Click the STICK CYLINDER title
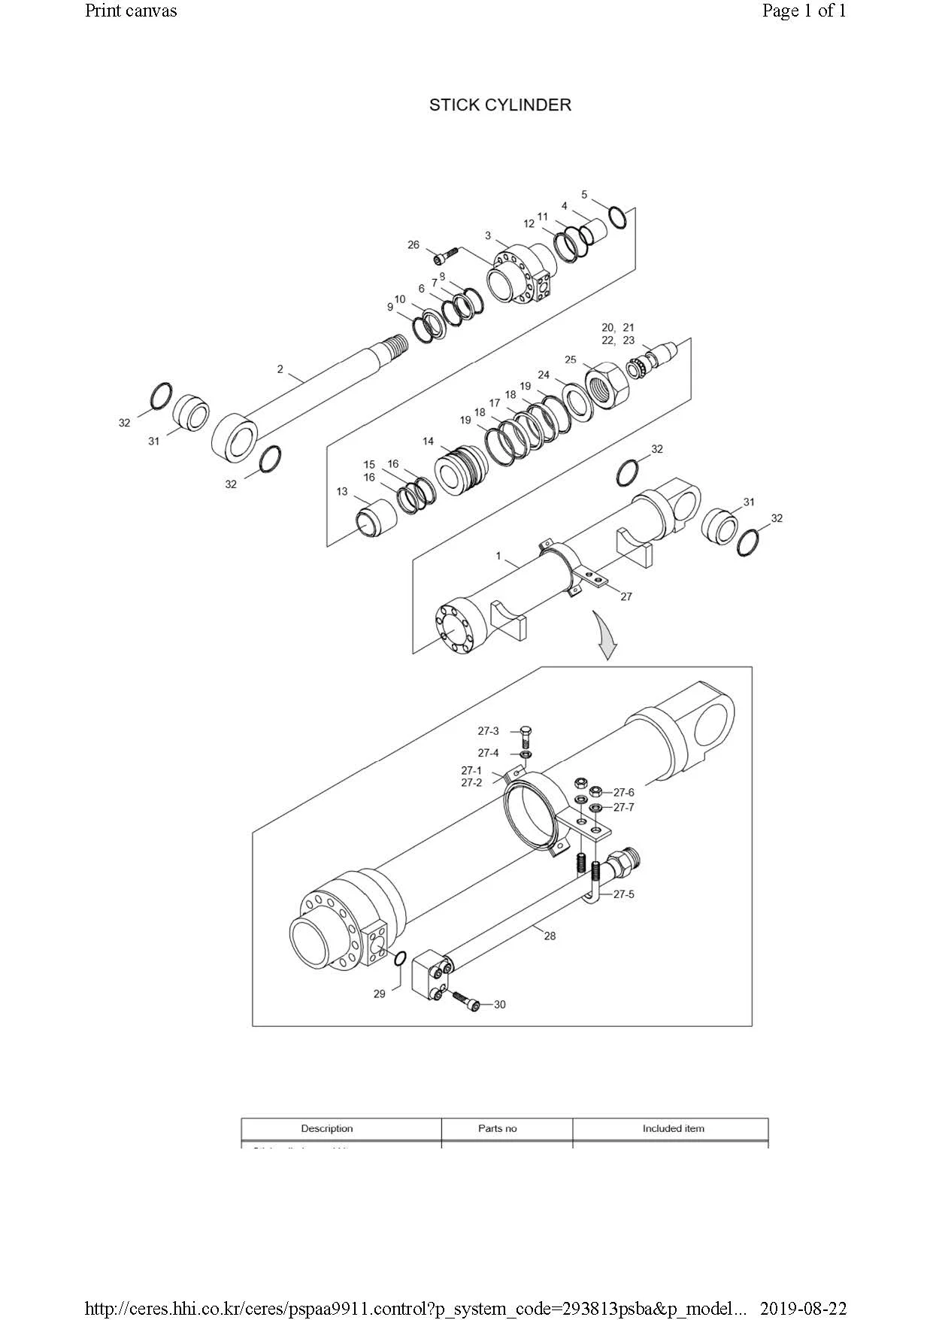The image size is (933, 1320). click(x=500, y=105)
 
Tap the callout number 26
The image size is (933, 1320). click(x=413, y=245)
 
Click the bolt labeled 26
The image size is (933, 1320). click(x=446, y=256)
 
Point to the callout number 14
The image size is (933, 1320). click(x=428, y=442)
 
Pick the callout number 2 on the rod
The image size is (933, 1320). click(x=280, y=369)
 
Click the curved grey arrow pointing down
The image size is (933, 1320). click(x=605, y=636)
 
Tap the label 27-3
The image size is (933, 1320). click(x=488, y=731)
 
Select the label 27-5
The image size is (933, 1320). click(x=623, y=894)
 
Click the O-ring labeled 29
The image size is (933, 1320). click(x=400, y=958)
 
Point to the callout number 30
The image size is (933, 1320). click(x=500, y=1005)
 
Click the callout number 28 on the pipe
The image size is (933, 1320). click(x=550, y=936)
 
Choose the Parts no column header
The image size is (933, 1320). click(x=497, y=1128)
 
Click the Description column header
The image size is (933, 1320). click(x=326, y=1128)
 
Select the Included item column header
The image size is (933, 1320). click(x=673, y=1128)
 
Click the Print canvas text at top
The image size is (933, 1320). click(x=131, y=11)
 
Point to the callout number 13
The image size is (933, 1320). click(x=342, y=492)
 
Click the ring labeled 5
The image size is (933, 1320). click(x=617, y=217)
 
